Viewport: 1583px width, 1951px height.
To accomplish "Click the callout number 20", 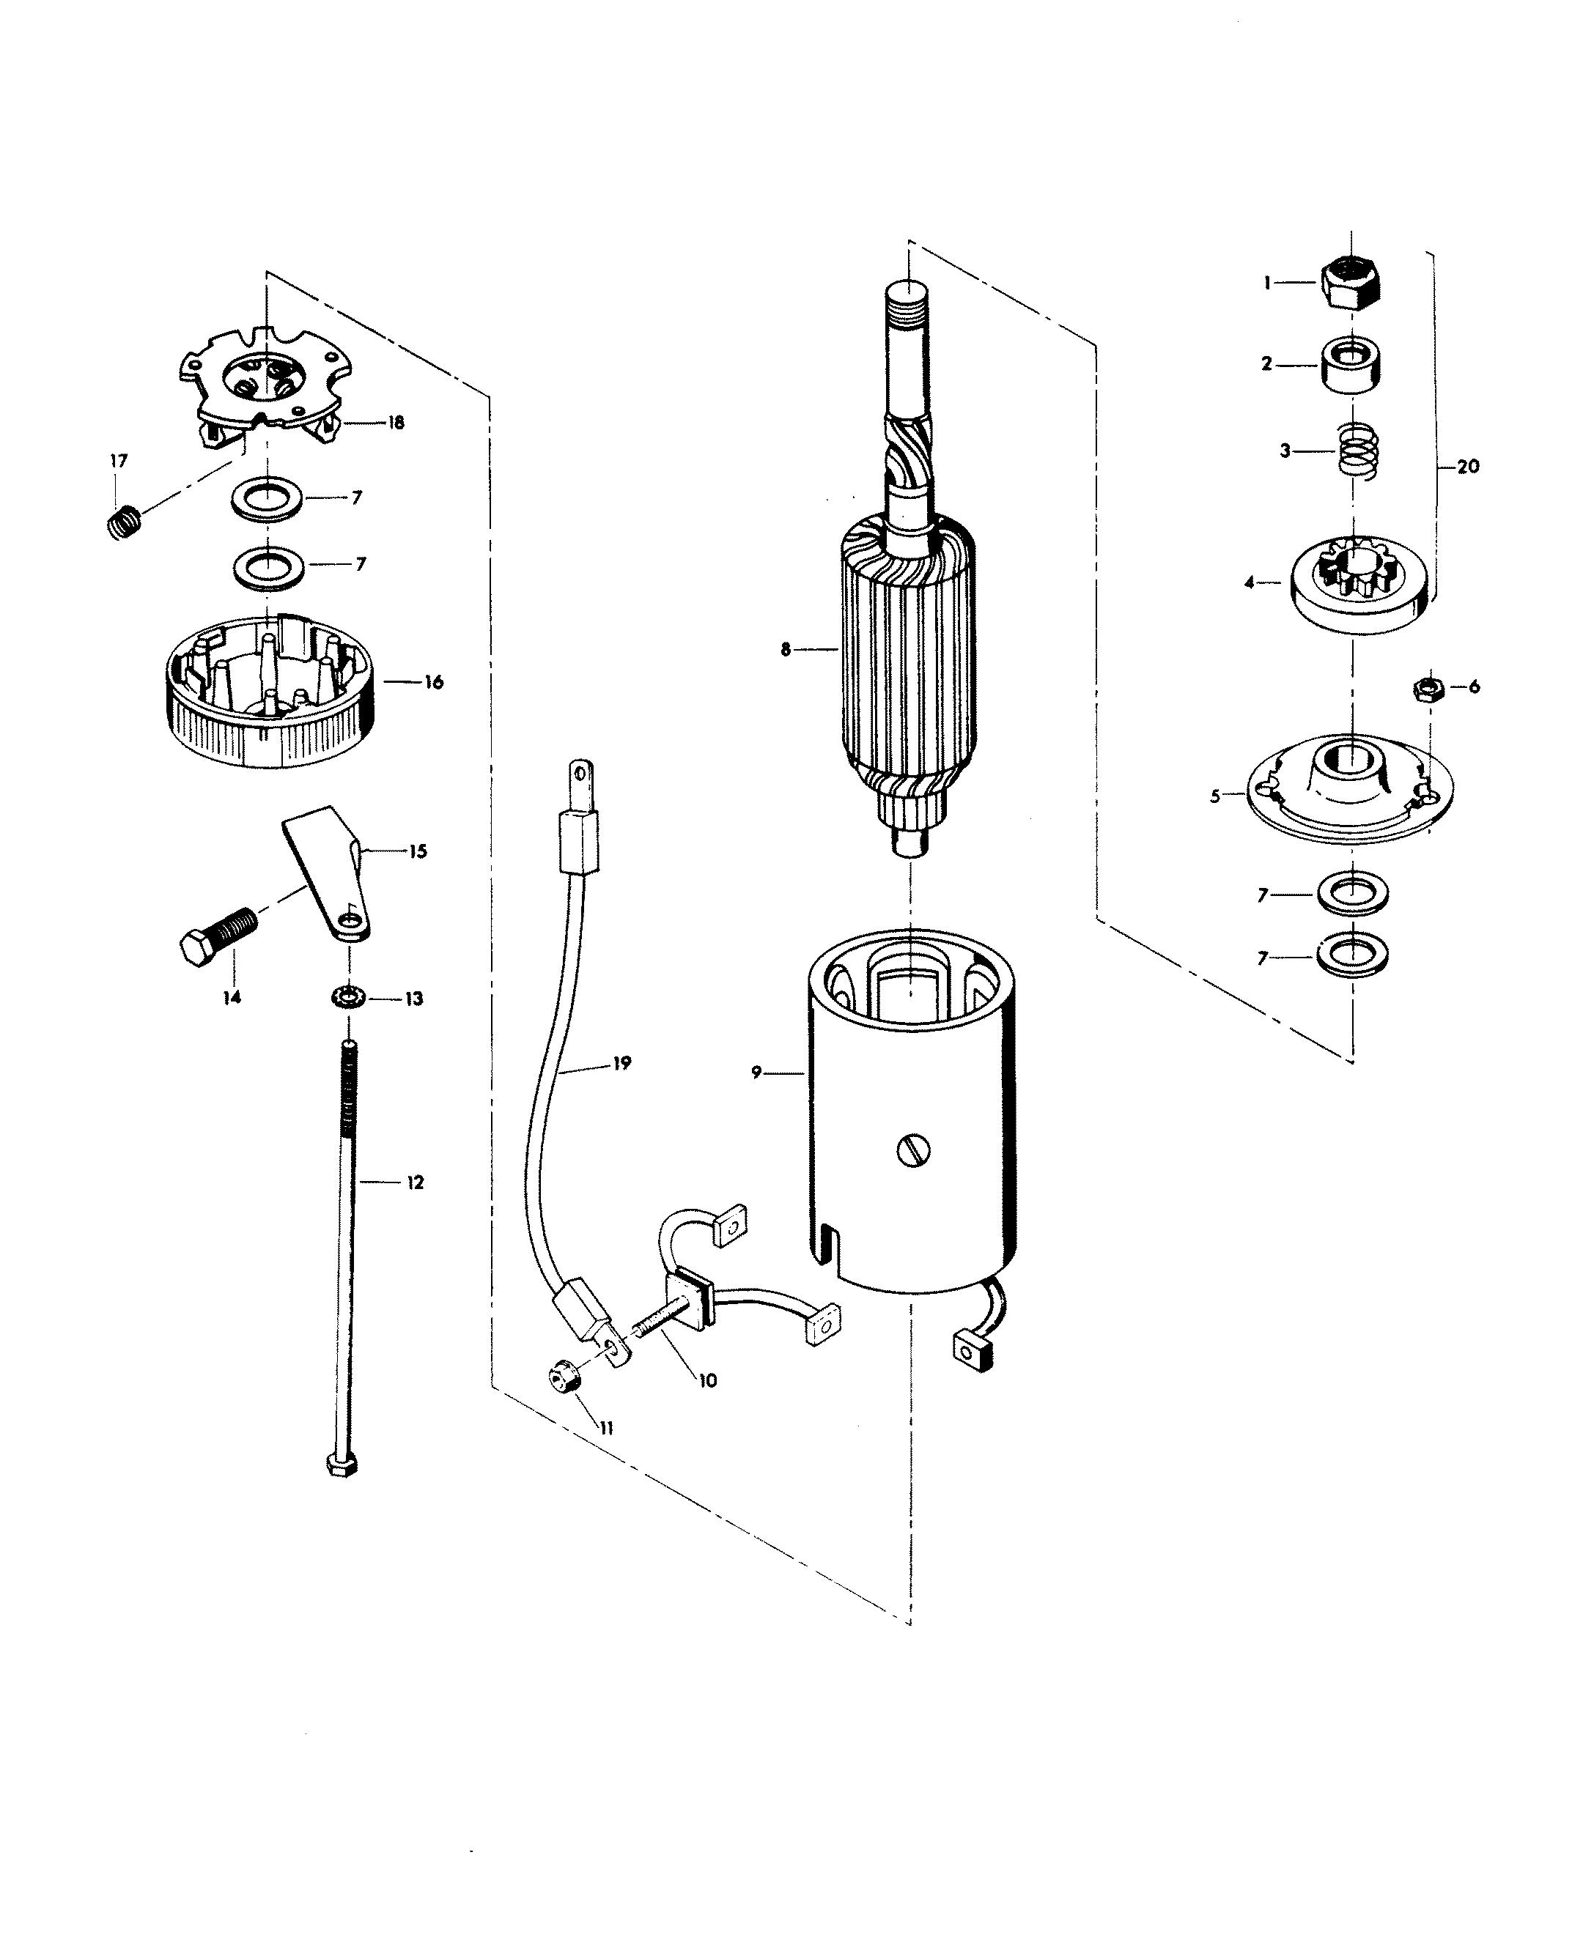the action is [x=1468, y=466].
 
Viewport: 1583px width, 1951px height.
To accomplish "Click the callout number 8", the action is [x=785, y=650].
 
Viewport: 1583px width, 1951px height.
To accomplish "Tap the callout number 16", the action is [x=433, y=682].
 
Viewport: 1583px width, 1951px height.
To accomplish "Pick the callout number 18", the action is [x=396, y=422].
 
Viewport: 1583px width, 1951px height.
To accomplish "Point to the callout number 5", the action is [x=1214, y=796].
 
